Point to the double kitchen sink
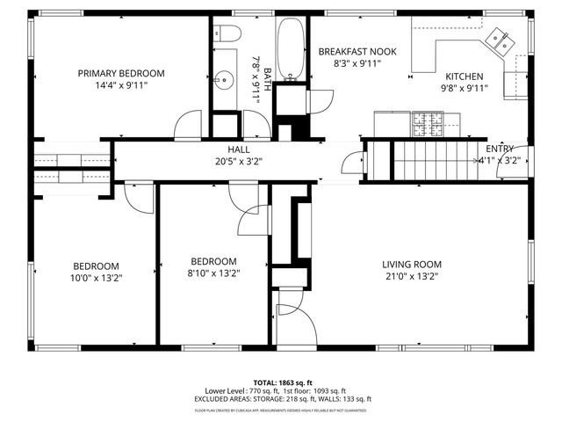click(x=503, y=39)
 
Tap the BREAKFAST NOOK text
click(x=357, y=52)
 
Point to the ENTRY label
click(x=500, y=149)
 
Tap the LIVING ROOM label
click(x=411, y=264)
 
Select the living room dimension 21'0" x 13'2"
click(x=411, y=276)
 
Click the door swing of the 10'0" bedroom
click(x=136, y=198)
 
